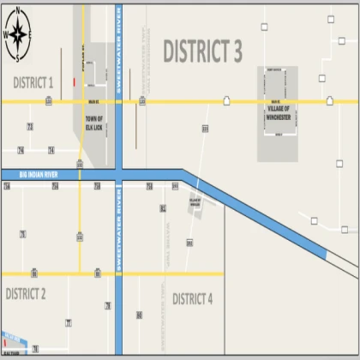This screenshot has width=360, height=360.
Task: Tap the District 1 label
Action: [33, 82]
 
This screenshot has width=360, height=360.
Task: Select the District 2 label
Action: [26, 294]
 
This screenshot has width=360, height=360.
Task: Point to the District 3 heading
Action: [202, 51]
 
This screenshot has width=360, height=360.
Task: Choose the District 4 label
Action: [192, 298]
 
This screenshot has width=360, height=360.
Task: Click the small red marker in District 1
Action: [75, 82]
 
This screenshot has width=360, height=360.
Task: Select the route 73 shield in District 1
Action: [30, 126]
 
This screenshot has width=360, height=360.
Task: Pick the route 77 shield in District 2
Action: [68, 322]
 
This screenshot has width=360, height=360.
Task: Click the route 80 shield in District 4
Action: [139, 315]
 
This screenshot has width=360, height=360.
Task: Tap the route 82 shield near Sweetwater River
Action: [162, 208]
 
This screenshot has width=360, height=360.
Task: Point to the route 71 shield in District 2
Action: [23, 234]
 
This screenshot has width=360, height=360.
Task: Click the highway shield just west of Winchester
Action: [227, 100]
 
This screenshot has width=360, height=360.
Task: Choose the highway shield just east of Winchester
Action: [322, 100]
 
